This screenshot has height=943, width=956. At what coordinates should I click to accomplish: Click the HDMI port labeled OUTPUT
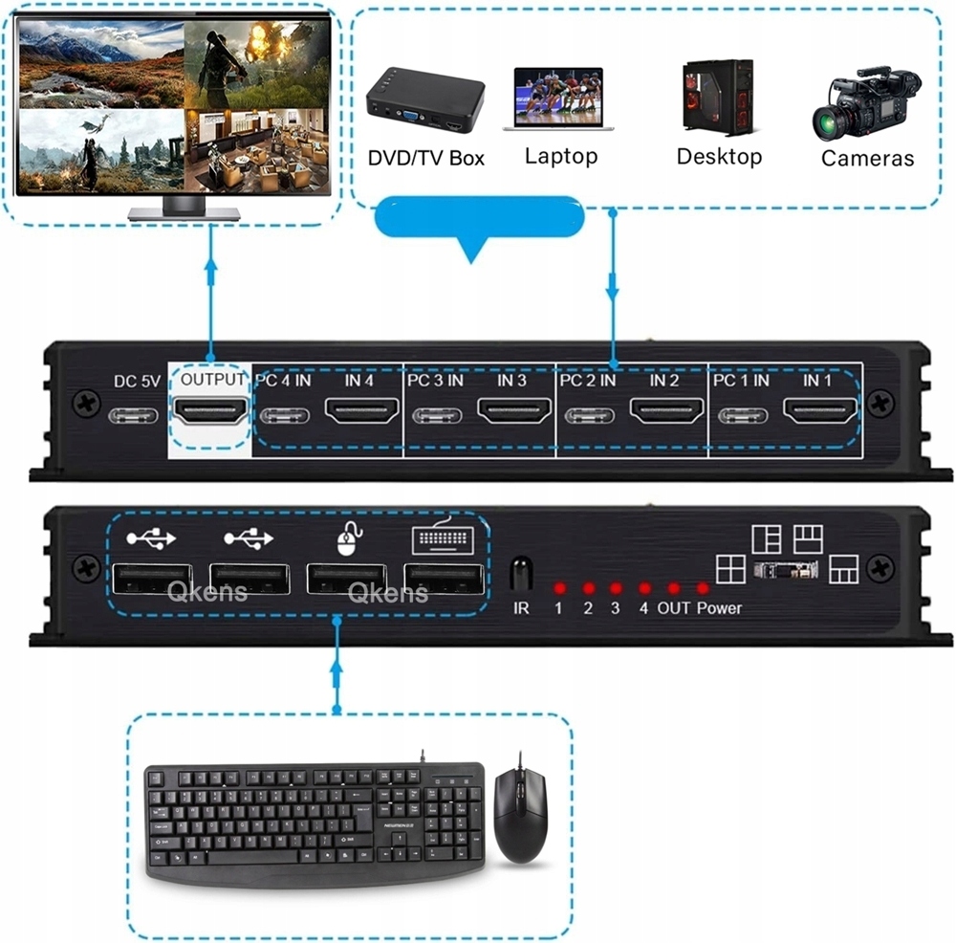pyautogui.click(x=209, y=415)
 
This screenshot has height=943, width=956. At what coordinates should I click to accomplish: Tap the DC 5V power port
pyautogui.click(x=133, y=417)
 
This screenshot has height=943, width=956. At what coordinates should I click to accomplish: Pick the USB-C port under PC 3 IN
pyautogui.click(x=437, y=417)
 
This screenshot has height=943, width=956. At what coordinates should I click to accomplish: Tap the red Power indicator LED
pyautogui.click(x=704, y=588)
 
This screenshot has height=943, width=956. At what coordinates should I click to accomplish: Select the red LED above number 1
pyautogui.click(x=559, y=588)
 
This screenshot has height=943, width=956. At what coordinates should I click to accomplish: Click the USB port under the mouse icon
pyautogui.click(x=346, y=580)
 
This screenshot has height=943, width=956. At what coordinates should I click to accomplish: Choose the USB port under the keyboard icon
pyautogui.click(x=444, y=580)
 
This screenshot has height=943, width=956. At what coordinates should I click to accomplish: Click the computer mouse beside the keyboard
pyautogui.click(x=521, y=808)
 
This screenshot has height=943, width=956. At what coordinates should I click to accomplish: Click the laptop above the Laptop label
pyautogui.click(x=559, y=99)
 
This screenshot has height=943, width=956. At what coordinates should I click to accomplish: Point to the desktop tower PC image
pyautogui.click(x=718, y=99)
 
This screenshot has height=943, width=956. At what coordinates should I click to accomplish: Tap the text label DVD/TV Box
pyautogui.click(x=426, y=158)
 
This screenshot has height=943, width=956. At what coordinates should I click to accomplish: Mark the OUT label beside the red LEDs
pyautogui.click(x=673, y=608)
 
